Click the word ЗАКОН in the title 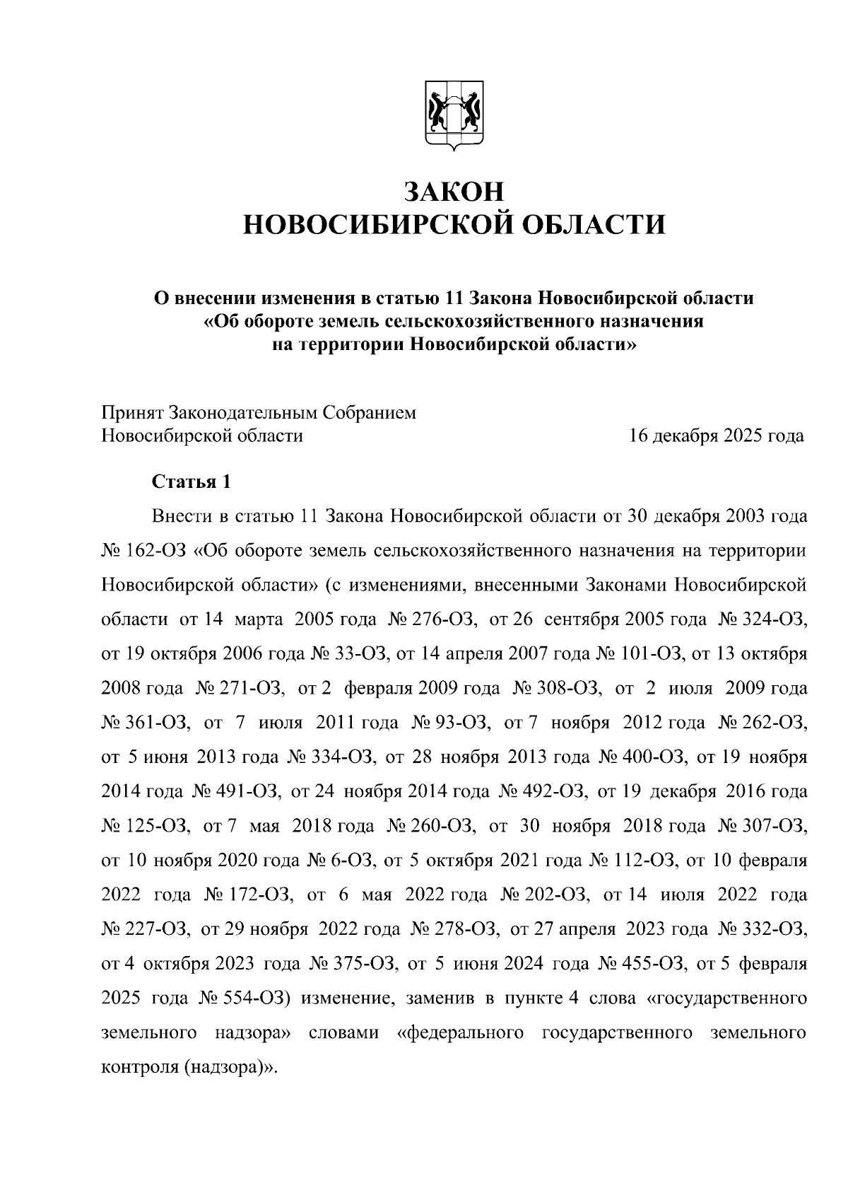point(454,191)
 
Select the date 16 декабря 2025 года point(717,436)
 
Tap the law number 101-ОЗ point(649,654)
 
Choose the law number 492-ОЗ point(555,791)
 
